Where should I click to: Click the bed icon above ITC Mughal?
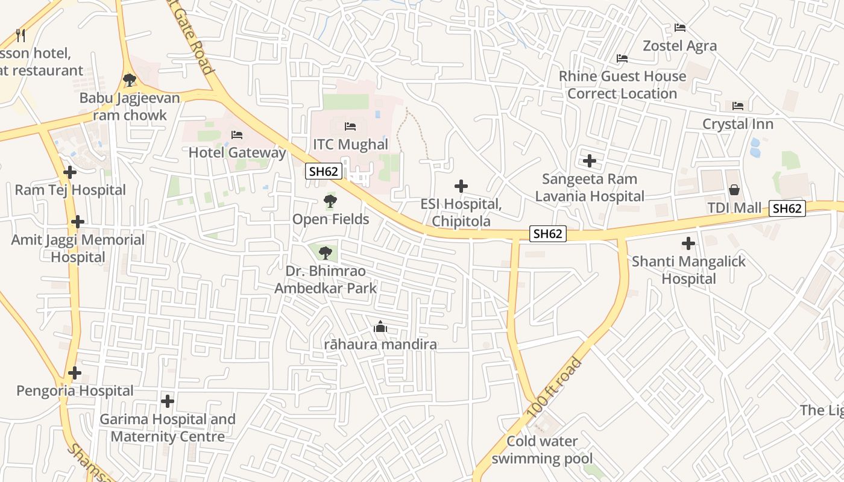[x=350, y=127]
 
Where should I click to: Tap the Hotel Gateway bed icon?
[x=237, y=134]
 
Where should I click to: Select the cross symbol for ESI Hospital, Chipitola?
[x=461, y=186]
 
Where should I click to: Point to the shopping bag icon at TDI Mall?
[x=734, y=190]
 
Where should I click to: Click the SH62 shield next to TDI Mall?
[x=787, y=208]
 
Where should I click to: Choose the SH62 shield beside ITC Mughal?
[x=324, y=171]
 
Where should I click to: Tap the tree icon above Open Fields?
[x=330, y=201]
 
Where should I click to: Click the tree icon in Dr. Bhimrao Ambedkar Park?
[x=326, y=252]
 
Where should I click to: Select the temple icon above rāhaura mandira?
[x=380, y=327]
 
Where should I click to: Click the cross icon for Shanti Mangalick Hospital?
[x=688, y=243]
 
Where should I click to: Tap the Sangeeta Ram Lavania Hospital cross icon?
[x=590, y=161]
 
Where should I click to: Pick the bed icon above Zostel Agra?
[x=680, y=28]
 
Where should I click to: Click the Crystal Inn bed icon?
[x=738, y=106]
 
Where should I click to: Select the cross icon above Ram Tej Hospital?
[x=70, y=172]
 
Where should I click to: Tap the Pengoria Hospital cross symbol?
[x=75, y=373]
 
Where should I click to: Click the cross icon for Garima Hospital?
[x=168, y=401]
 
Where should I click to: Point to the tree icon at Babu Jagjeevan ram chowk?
[x=129, y=80]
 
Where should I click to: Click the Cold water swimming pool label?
[x=542, y=450]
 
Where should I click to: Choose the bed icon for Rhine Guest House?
[x=622, y=58]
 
